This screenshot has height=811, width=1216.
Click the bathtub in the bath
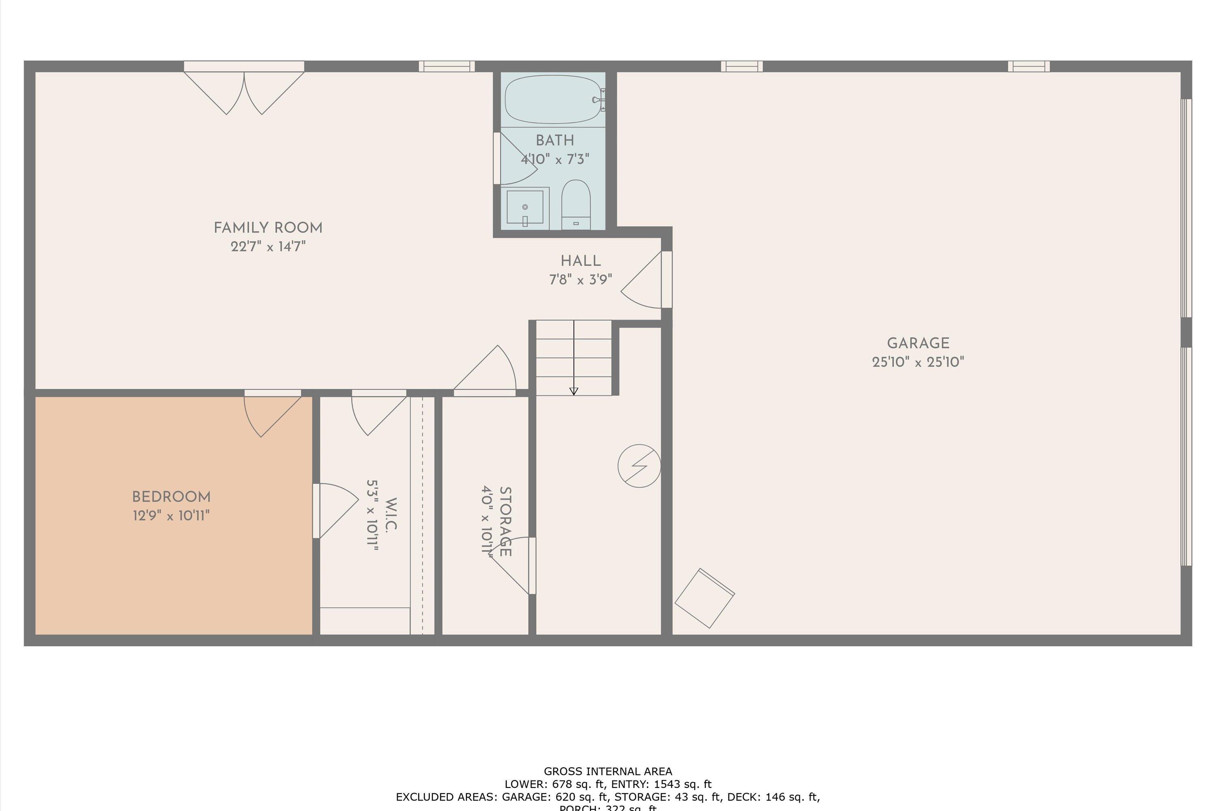[x=552, y=99]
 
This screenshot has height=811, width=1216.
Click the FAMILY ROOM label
[x=268, y=228]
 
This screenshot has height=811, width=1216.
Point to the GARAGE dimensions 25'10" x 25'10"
[x=918, y=362]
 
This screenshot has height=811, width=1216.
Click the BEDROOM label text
[x=171, y=497]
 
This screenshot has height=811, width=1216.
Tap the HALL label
[x=580, y=261]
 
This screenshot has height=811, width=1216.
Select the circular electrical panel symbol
[x=639, y=466]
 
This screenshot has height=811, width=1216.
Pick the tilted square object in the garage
[x=704, y=599]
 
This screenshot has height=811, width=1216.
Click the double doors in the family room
[x=244, y=90]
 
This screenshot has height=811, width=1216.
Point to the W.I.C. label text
[x=391, y=515]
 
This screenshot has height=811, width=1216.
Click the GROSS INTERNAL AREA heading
[x=608, y=772]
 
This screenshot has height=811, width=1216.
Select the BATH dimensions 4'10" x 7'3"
[x=555, y=159]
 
